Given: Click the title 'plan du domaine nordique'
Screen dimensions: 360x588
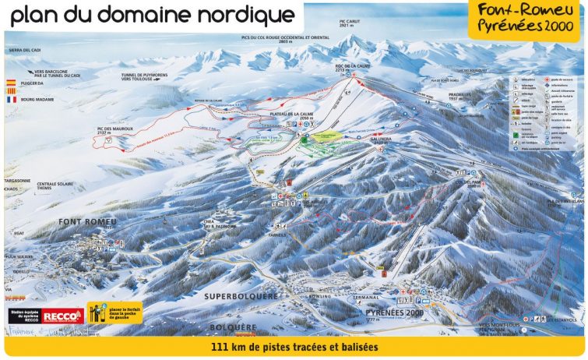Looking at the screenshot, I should pyautogui.click(x=153, y=15).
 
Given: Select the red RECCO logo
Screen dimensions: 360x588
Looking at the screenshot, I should pyautogui.click(x=63, y=316).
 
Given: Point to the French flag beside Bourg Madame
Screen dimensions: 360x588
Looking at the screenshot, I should pyautogui.click(x=11, y=100).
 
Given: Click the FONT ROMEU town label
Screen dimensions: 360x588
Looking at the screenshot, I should pyautogui.click(x=86, y=222).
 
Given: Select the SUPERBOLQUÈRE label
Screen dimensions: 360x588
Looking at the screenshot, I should pyautogui.click(x=240, y=297).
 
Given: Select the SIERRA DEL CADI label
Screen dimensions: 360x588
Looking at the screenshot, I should pyautogui.click(x=25, y=50).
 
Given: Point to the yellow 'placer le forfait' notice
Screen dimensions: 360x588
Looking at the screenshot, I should pyautogui.click(x=108, y=313).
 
